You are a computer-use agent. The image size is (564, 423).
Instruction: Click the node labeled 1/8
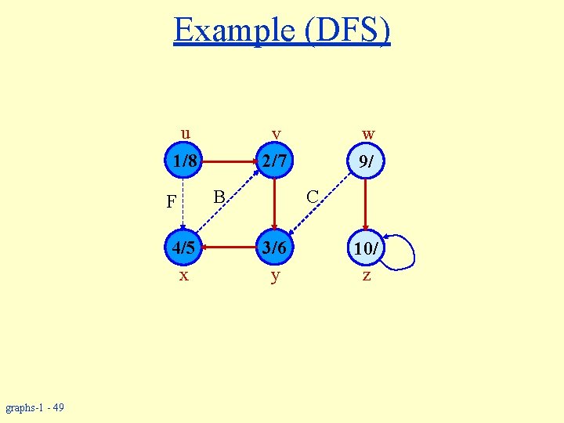point(184,162)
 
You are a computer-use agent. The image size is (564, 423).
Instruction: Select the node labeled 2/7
point(275,162)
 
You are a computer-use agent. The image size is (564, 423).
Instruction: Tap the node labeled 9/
point(365,162)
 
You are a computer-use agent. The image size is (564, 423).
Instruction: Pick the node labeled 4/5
point(184,250)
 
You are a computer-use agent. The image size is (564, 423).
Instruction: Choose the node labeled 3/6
point(275,250)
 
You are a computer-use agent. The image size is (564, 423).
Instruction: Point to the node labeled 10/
point(365,250)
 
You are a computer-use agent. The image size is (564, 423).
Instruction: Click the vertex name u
point(185,132)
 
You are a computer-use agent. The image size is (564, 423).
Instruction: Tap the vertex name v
point(276,134)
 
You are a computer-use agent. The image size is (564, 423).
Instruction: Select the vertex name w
point(368,134)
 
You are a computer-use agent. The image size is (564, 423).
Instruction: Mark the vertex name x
point(183,276)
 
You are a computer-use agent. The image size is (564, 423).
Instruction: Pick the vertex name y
point(274,277)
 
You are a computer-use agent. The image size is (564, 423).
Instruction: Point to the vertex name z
point(366,276)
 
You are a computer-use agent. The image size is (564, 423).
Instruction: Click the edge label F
point(171,202)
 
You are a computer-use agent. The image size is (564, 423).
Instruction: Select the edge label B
point(220,195)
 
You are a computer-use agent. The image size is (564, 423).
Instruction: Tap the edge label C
point(312,196)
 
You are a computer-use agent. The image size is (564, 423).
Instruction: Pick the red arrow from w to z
point(365,205)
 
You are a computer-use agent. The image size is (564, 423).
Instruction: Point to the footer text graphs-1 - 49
point(35,407)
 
